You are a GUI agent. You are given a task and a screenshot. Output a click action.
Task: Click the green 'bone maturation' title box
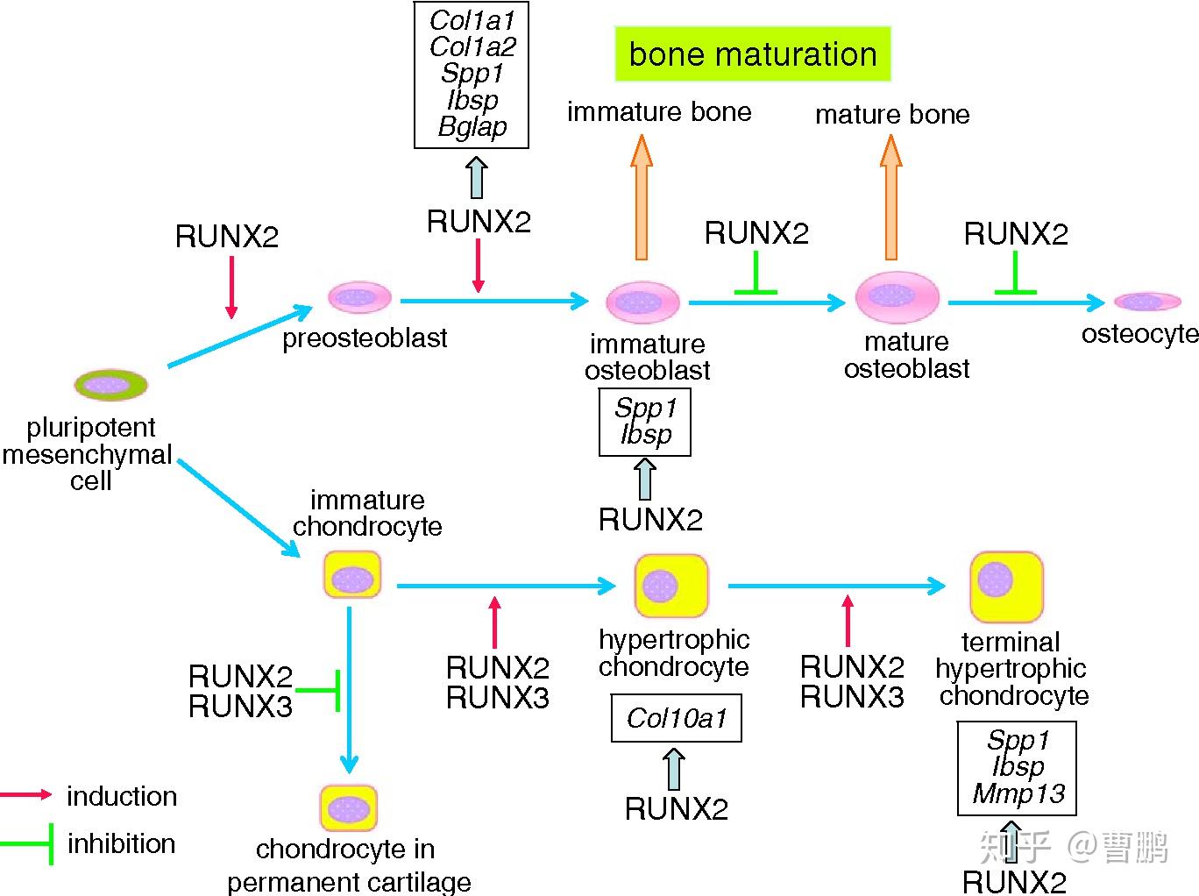[752, 54]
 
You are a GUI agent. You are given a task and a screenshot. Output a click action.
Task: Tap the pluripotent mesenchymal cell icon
[110, 384]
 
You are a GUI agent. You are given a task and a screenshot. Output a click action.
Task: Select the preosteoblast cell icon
[359, 298]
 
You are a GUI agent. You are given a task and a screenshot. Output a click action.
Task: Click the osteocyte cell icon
[1146, 302]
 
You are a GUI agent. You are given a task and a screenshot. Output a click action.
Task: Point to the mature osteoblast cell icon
[897, 297]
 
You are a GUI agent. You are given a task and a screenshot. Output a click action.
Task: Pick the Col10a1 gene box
[676, 719]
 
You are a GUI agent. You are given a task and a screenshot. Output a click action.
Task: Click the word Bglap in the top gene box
[472, 127]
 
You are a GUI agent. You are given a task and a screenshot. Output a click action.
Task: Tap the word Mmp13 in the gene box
[1018, 794]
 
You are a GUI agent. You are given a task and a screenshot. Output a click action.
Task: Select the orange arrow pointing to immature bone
[642, 197]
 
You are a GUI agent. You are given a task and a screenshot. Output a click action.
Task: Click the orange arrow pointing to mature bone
[890, 197]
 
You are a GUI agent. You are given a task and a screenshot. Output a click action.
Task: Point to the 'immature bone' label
[659, 112]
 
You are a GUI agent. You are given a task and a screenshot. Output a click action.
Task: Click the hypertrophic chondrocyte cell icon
[670, 585]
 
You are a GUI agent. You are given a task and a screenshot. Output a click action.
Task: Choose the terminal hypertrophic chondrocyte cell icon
[1006, 586]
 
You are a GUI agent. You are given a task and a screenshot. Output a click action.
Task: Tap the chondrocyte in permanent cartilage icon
[348, 807]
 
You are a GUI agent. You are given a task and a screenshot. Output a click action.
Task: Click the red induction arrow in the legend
[26, 795]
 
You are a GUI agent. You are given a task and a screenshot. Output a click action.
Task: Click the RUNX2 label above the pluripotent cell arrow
[227, 237]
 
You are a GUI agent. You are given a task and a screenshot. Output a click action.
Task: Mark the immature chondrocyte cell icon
[352, 576]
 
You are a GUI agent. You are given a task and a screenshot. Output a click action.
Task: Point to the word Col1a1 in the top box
[472, 20]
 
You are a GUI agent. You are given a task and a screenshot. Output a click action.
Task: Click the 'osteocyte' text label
[1139, 334]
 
